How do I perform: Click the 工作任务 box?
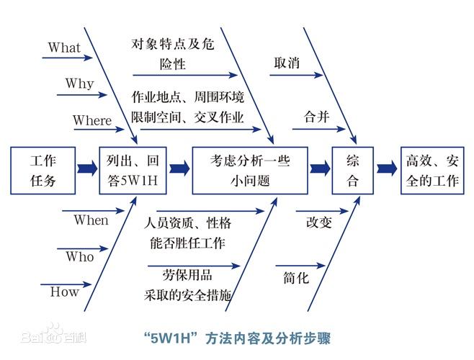tap(43, 170)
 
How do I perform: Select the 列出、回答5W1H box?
tap(133, 170)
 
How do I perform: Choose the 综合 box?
tap(352, 170)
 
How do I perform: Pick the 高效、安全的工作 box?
tap(431, 170)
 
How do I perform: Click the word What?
tap(64, 48)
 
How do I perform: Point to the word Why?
tap(79, 84)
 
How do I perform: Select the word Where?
tap(92, 120)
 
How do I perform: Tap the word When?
tap(91, 220)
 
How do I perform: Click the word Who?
tap(79, 256)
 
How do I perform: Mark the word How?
tap(64, 292)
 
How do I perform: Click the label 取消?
tap(287, 63)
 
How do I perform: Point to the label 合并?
tap(317, 117)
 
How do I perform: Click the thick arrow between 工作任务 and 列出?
tap(87, 169)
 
